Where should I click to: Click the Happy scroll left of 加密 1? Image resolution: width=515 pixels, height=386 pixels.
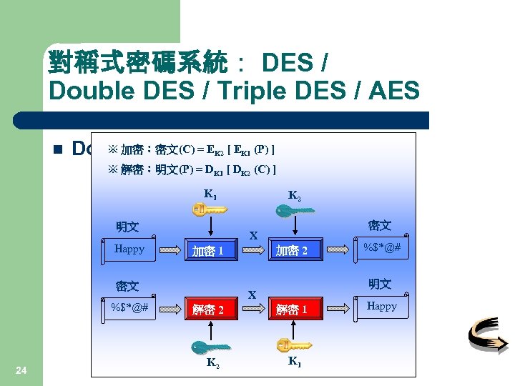click(130, 249)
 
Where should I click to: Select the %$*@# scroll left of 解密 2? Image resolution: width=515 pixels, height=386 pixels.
click(130, 307)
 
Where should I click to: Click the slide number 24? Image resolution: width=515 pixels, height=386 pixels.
click(21, 370)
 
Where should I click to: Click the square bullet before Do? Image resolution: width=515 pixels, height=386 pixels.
click(59, 149)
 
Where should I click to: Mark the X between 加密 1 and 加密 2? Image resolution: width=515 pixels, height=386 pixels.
click(253, 235)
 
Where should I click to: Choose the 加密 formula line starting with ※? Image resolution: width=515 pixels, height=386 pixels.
click(191, 150)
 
